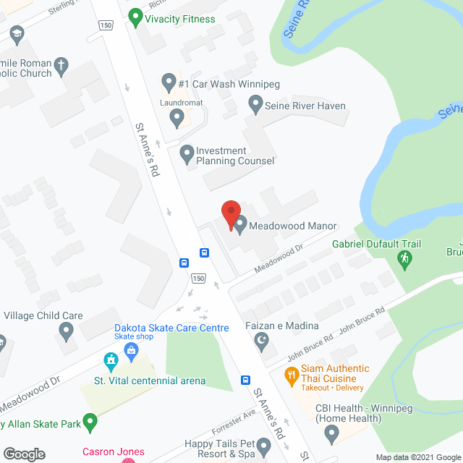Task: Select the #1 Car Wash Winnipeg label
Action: point(228,84)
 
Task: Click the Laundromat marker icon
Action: point(166,116)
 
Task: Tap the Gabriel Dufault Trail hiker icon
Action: point(404,258)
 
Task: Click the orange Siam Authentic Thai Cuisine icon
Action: point(292,375)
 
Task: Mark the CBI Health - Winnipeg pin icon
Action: point(332,434)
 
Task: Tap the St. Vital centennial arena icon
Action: point(111,360)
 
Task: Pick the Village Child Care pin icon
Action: point(67,332)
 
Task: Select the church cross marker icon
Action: point(63,65)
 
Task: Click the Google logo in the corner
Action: point(24,454)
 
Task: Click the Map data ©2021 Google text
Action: point(417,457)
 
